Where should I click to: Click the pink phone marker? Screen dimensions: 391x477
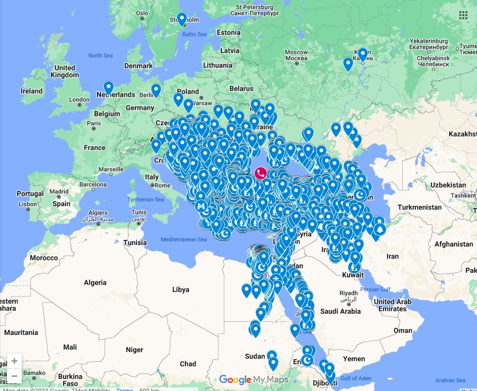(261, 174)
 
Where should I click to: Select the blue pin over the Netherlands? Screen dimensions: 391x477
(109, 88)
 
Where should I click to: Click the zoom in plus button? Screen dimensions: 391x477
(14, 361)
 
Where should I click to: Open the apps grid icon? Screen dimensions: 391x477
(463, 15)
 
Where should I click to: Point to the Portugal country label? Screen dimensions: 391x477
(30, 194)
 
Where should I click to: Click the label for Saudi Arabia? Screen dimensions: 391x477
(343, 311)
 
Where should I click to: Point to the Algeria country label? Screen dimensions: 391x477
(95, 282)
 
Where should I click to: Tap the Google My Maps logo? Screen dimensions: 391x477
(254, 380)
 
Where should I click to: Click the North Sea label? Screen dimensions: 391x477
(101, 56)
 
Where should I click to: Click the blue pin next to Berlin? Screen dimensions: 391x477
(156, 90)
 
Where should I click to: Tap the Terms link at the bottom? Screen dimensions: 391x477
(124, 389)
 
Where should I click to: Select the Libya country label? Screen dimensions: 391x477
(180, 289)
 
